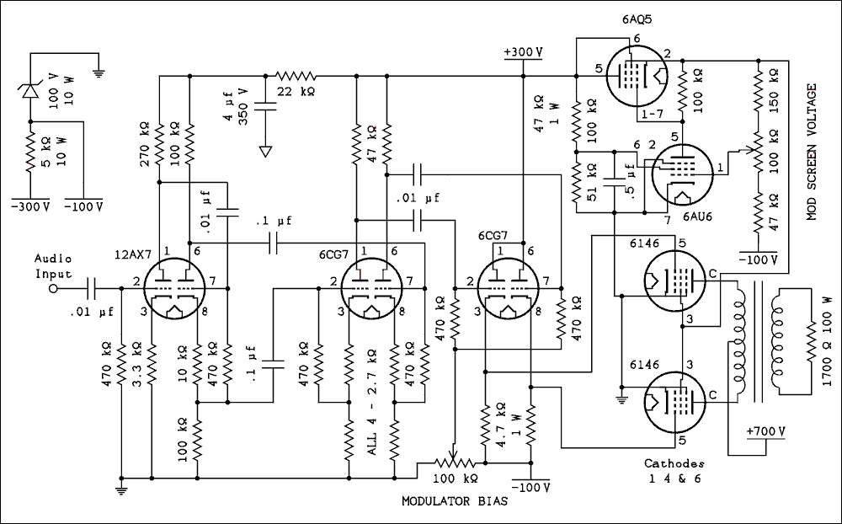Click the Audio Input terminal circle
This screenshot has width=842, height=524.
(x=53, y=288)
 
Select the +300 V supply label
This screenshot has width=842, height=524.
(x=523, y=52)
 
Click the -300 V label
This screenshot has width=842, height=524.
(x=29, y=206)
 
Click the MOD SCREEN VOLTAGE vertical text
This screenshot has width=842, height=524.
(x=812, y=152)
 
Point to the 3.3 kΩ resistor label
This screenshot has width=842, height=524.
(x=138, y=361)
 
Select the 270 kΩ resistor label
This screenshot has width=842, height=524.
(x=144, y=143)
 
